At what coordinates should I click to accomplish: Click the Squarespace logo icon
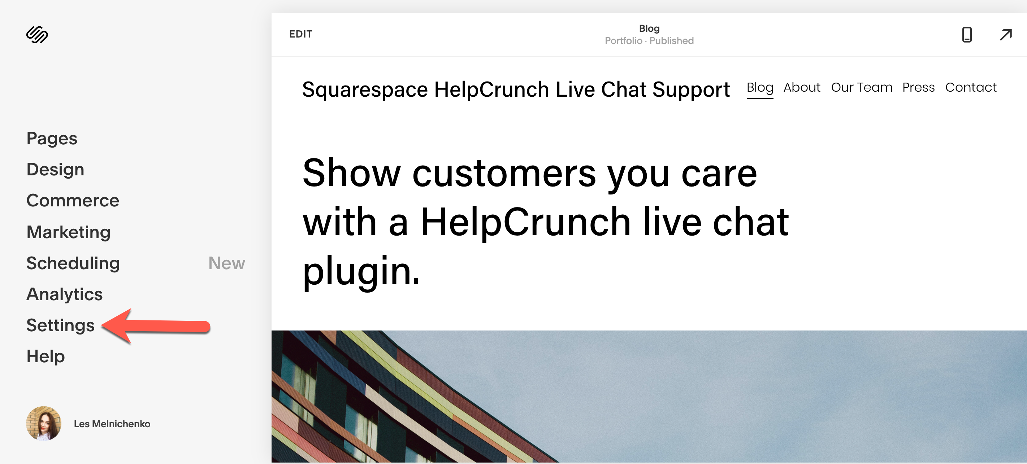37,35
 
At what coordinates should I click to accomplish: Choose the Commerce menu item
73,200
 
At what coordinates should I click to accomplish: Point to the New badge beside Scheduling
226,263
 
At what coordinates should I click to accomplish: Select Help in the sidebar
46,356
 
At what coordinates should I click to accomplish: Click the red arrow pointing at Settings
156,326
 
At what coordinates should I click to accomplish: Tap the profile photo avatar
44,423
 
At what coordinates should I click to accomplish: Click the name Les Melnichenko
112,424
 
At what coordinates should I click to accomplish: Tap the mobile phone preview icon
967,35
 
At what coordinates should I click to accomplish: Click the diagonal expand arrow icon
1006,35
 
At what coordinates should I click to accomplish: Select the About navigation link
802,87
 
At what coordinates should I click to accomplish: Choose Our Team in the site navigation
862,87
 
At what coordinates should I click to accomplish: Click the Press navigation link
919,87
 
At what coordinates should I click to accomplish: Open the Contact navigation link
971,87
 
